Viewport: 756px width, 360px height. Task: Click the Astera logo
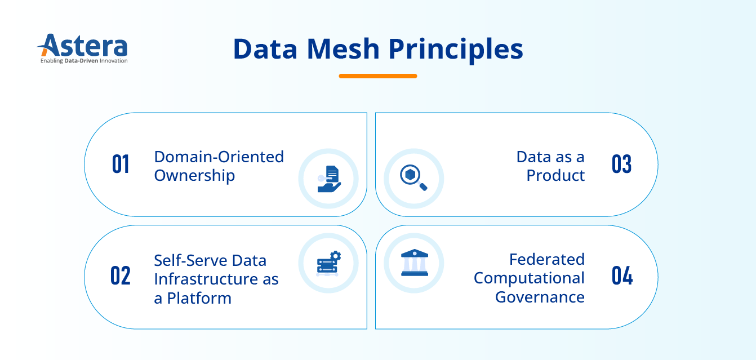pos(83,46)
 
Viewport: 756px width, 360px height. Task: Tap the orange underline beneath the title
pos(377,75)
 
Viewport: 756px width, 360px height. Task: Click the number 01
pos(121,165)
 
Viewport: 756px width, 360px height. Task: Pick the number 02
pos(121,276)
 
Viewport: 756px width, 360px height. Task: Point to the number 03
pos(621,165)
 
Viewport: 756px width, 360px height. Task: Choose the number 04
pos(621,276)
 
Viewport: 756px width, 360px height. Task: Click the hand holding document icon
pos(328,179)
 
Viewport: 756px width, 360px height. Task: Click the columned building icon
pos(414,263)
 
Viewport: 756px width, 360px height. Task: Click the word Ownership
pos(194,176)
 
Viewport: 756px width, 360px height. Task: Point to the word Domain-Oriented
pos(219,157)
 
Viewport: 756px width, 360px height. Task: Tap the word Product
pos(555,176)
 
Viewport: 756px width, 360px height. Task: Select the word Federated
pos(546,259)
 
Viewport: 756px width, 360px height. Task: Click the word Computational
pos(529,278)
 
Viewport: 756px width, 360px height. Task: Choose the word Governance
pos(540,297)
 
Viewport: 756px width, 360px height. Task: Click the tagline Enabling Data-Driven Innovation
pos(84,61)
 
